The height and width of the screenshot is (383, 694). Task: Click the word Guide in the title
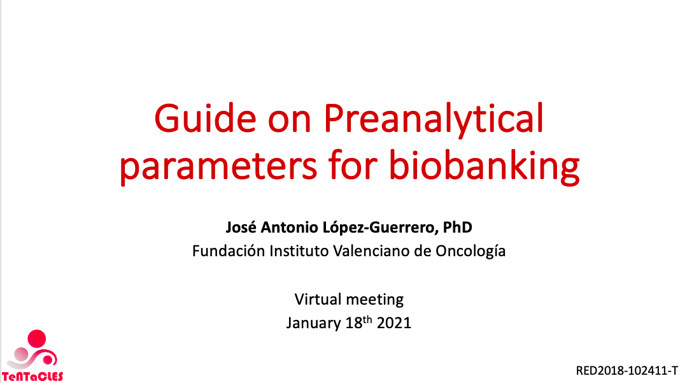(x=205, y=119)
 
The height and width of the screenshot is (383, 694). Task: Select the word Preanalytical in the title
(x=434, y=119)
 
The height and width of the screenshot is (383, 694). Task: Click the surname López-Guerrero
(x=381, y=228)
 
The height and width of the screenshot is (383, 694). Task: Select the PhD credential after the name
(x=458, y=227)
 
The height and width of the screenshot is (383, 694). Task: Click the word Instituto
(x=299, y=251)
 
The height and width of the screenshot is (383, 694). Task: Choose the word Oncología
(x=471, y=252)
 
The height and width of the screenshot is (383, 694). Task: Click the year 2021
(x=394, y=323)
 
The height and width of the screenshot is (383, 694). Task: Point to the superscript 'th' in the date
(x=367, y=319)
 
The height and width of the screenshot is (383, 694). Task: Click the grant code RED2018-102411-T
(x=627, y=371)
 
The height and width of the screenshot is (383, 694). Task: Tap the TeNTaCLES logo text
(x=32, y=377)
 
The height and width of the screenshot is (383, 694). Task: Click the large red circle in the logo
(x=37, y=339)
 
